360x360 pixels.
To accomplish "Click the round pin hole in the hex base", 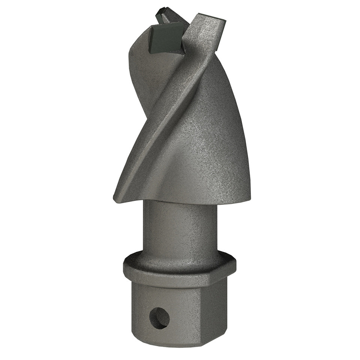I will point(159,318).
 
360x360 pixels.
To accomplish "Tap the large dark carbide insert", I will point(166,38).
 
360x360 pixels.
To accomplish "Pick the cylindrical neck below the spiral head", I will point(179,229).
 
